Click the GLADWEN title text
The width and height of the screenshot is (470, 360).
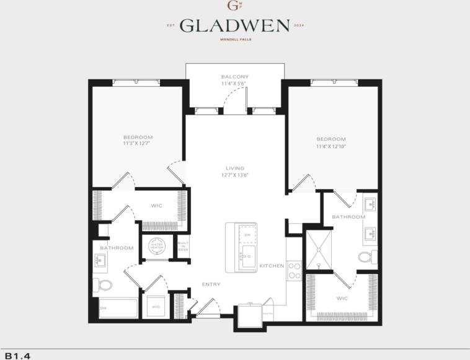pyautogui.click(x=235, y=25)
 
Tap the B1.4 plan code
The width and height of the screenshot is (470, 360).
pyautogui.click(x=18, y=356)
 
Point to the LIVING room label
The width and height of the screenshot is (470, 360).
pyautogui.click(x=235, y=168)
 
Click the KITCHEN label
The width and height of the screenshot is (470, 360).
pyautogui.click(x=272, y=266)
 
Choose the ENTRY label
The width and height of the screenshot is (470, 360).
pyautogui.click(x=211, y=284)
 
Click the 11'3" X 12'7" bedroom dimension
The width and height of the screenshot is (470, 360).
pyautogui.click(x=137, y=143)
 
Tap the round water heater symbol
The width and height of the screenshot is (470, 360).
pyautogui.click(x=154, y=247)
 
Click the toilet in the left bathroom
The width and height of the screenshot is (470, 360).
pyautogui.click(x=103, y=285)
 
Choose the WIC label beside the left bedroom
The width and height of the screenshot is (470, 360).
pyautogui.click(x=156, y=206)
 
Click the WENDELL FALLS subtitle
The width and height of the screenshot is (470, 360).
pyautogui.click(x=234, y=40)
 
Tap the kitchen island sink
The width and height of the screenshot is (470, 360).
pyautogui.click(x=248, y=257)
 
